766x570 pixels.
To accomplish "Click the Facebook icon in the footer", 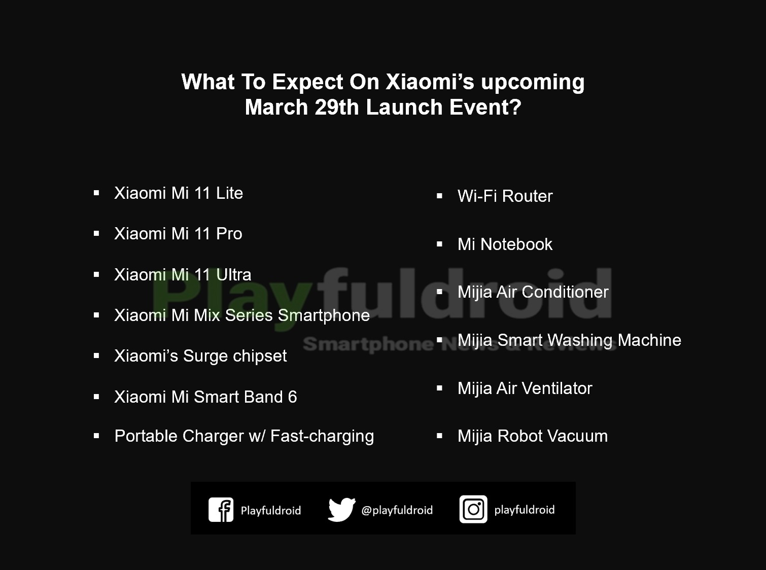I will (221, 510).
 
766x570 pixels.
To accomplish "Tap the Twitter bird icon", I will (341, 510).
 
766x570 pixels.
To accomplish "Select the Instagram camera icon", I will (473, 509).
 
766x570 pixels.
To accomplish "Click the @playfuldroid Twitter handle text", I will (397, 510).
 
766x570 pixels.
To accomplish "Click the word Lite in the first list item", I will (229, 193).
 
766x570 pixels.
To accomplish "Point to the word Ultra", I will (233, 275).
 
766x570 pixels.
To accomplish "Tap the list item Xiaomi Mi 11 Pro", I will (178, 234).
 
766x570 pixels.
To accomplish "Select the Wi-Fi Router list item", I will (505, 196).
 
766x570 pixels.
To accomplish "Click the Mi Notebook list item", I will (505, 244).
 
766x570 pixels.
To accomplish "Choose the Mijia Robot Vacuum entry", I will (532, 436).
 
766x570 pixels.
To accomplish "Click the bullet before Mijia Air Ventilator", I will (439, 388).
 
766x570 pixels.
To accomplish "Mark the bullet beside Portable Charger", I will (96, 436).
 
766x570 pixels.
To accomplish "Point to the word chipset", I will (260, 356).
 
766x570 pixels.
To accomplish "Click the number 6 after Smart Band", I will (292, 397).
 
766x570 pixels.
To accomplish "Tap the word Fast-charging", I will (322, 436).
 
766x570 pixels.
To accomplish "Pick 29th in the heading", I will (336, 107).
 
